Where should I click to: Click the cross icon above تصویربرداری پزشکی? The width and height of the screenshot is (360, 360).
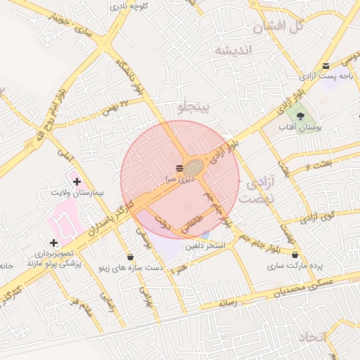[53, 243]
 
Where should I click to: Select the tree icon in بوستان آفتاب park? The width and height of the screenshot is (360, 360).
[300, 115]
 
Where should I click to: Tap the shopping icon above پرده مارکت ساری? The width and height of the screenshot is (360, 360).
[295, 255]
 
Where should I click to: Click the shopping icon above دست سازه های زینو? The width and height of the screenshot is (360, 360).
[130, 257]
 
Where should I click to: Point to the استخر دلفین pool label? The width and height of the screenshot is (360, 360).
[205, 246]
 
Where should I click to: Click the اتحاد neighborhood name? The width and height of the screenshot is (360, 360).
[313, 338]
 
